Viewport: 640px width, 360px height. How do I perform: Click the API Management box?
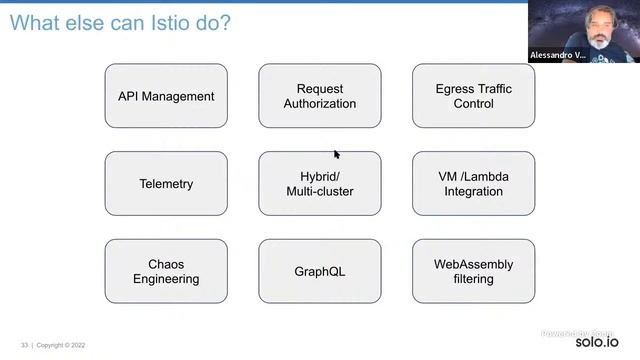pyautogui.click(x=166, y=96)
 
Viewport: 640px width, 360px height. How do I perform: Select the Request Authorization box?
pyautogui.click(x=320, y=96)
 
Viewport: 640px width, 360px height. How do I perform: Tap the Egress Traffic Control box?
pyautogui.click(x=473, y=96)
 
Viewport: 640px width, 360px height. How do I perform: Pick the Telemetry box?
pyautogui.click(x=166, y=184)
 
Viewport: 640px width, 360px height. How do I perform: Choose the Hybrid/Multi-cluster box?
pyautogui.click(x=320, y=184)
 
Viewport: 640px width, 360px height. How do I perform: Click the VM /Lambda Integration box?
pyautogui.click(x=473, y=184)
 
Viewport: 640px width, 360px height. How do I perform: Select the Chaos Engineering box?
pyautogui.click(x=166, y=271)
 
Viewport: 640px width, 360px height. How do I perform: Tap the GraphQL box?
pyautogui.click(x=320, y=271)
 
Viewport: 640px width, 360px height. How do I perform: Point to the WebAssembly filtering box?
pyautogui.click(x=473, y=271)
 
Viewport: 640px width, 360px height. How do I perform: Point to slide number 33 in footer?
pyautogui.click(x=24, y=345)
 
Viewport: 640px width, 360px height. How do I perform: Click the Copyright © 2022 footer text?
pyautogui.click(x=62, y=345)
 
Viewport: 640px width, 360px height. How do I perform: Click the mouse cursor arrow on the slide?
pyautogui.click(x=337, y=154)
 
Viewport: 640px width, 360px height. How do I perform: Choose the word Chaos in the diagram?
pyautogui.click(x=166, y=264)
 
